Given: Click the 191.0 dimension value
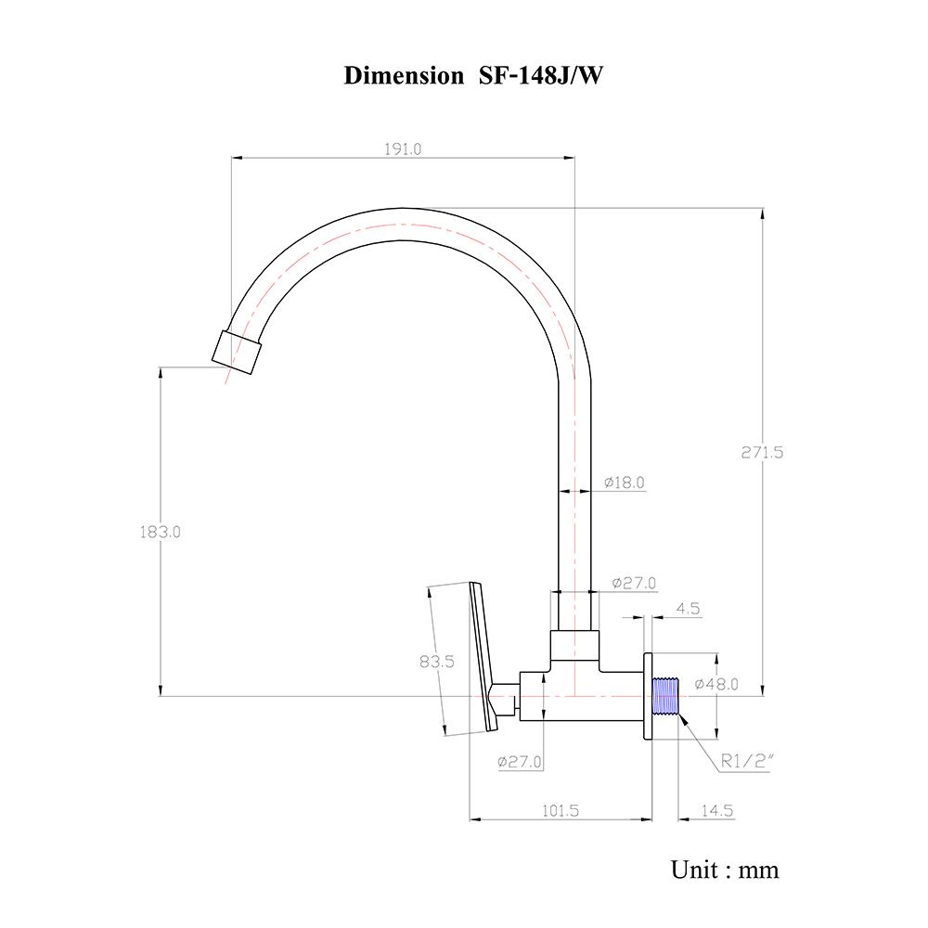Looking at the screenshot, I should (402, 149).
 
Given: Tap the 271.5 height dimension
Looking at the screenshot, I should (762, 453).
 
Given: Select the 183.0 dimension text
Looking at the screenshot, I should (161, 533).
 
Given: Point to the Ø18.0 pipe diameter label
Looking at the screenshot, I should (624, 483).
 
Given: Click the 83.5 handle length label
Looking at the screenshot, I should (436, 662).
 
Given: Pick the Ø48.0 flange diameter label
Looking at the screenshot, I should (716, 685).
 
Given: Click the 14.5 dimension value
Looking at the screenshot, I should (716, 810).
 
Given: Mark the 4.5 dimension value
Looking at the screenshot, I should (688, 610).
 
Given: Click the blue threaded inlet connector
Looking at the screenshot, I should (664, 697).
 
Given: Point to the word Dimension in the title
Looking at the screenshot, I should (404, 76).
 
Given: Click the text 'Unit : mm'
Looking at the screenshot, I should (725, 870).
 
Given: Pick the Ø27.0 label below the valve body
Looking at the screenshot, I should (520, 762).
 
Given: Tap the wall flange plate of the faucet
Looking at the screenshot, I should (647, 697).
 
